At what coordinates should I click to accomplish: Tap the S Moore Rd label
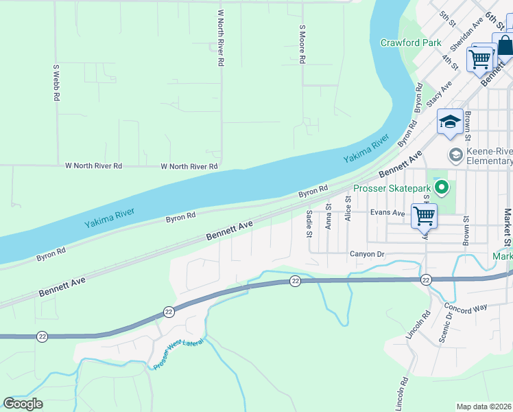pos(302,45)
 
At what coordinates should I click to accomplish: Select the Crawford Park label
pos(411,43)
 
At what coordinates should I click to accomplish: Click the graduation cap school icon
pos(450,122)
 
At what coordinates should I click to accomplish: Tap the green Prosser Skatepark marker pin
pos(442,187)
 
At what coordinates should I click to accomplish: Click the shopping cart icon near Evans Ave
pos(424,215)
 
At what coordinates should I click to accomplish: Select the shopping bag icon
pos(505,47)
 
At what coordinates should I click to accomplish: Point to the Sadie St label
pos(309,224)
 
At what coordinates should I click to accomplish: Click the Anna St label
pos(329,216)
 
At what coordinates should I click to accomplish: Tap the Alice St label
pos(348,209)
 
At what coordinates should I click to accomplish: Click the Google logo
pos(23,403)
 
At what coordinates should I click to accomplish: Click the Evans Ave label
pos(387,213)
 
